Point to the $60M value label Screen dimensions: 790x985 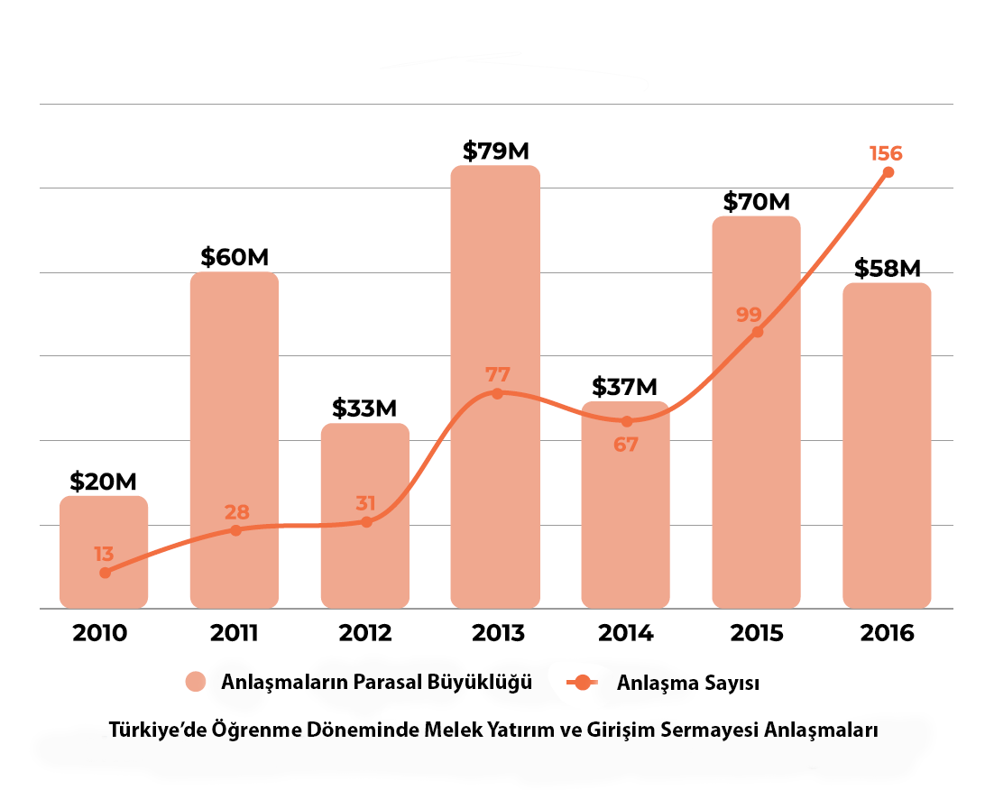click(235, 257)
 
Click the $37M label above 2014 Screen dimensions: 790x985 click(625, 387)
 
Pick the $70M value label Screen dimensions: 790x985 click(756, 201)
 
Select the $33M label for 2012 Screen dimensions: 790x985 click(364, 409)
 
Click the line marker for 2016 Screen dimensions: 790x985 click(888, 172)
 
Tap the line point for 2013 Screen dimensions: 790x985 click(497, 393)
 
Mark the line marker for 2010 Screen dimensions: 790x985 click(105, 573)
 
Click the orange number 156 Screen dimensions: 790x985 click(886, 152)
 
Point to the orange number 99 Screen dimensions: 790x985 click(749, 315)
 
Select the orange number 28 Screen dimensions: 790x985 click(237, 512)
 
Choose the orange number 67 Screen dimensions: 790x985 click(625, 445)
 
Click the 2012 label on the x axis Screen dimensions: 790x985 click(365, 633)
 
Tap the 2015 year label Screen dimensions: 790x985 click(756, 633)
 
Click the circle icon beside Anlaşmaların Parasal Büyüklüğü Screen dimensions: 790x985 click(197, 682)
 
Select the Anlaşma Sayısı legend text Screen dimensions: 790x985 click(687, 683)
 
